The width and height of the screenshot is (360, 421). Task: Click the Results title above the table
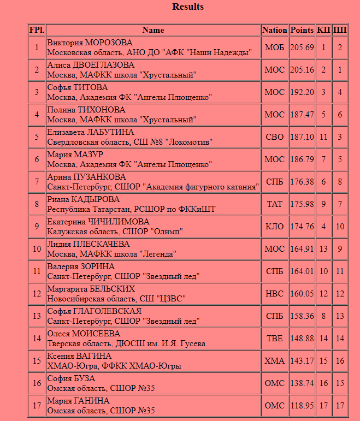click(188, 7)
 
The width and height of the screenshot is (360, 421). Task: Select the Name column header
click(153, 30)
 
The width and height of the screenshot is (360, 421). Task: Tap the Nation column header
click(274, 30)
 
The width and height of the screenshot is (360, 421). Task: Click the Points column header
click(302, 30)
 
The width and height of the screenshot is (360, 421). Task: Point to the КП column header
click(323, 30)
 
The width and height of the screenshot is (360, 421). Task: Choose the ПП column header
click(340, 30)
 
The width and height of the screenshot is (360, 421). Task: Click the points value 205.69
click(302, 48)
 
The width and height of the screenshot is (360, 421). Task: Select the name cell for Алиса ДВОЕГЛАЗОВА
click(153, 70)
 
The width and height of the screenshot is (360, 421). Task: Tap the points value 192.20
click(302, 92)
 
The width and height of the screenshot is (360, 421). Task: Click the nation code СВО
click(274, 137)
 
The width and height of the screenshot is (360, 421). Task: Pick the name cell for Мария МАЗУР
click(153, 159)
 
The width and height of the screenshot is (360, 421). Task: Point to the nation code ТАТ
click(274, 204)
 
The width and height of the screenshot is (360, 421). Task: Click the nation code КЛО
click(274, 227)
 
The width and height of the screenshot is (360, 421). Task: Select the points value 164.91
click(302, 249)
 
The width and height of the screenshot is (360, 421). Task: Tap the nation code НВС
click(274, 294)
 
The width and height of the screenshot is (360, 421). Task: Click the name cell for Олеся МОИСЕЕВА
click(153, 339)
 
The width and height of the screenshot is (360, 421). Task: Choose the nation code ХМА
click(274, 361)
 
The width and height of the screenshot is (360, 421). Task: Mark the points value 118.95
click(302, 406)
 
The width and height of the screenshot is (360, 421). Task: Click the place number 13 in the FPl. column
click(37, 316)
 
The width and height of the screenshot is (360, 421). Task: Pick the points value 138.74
click(302, 383)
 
